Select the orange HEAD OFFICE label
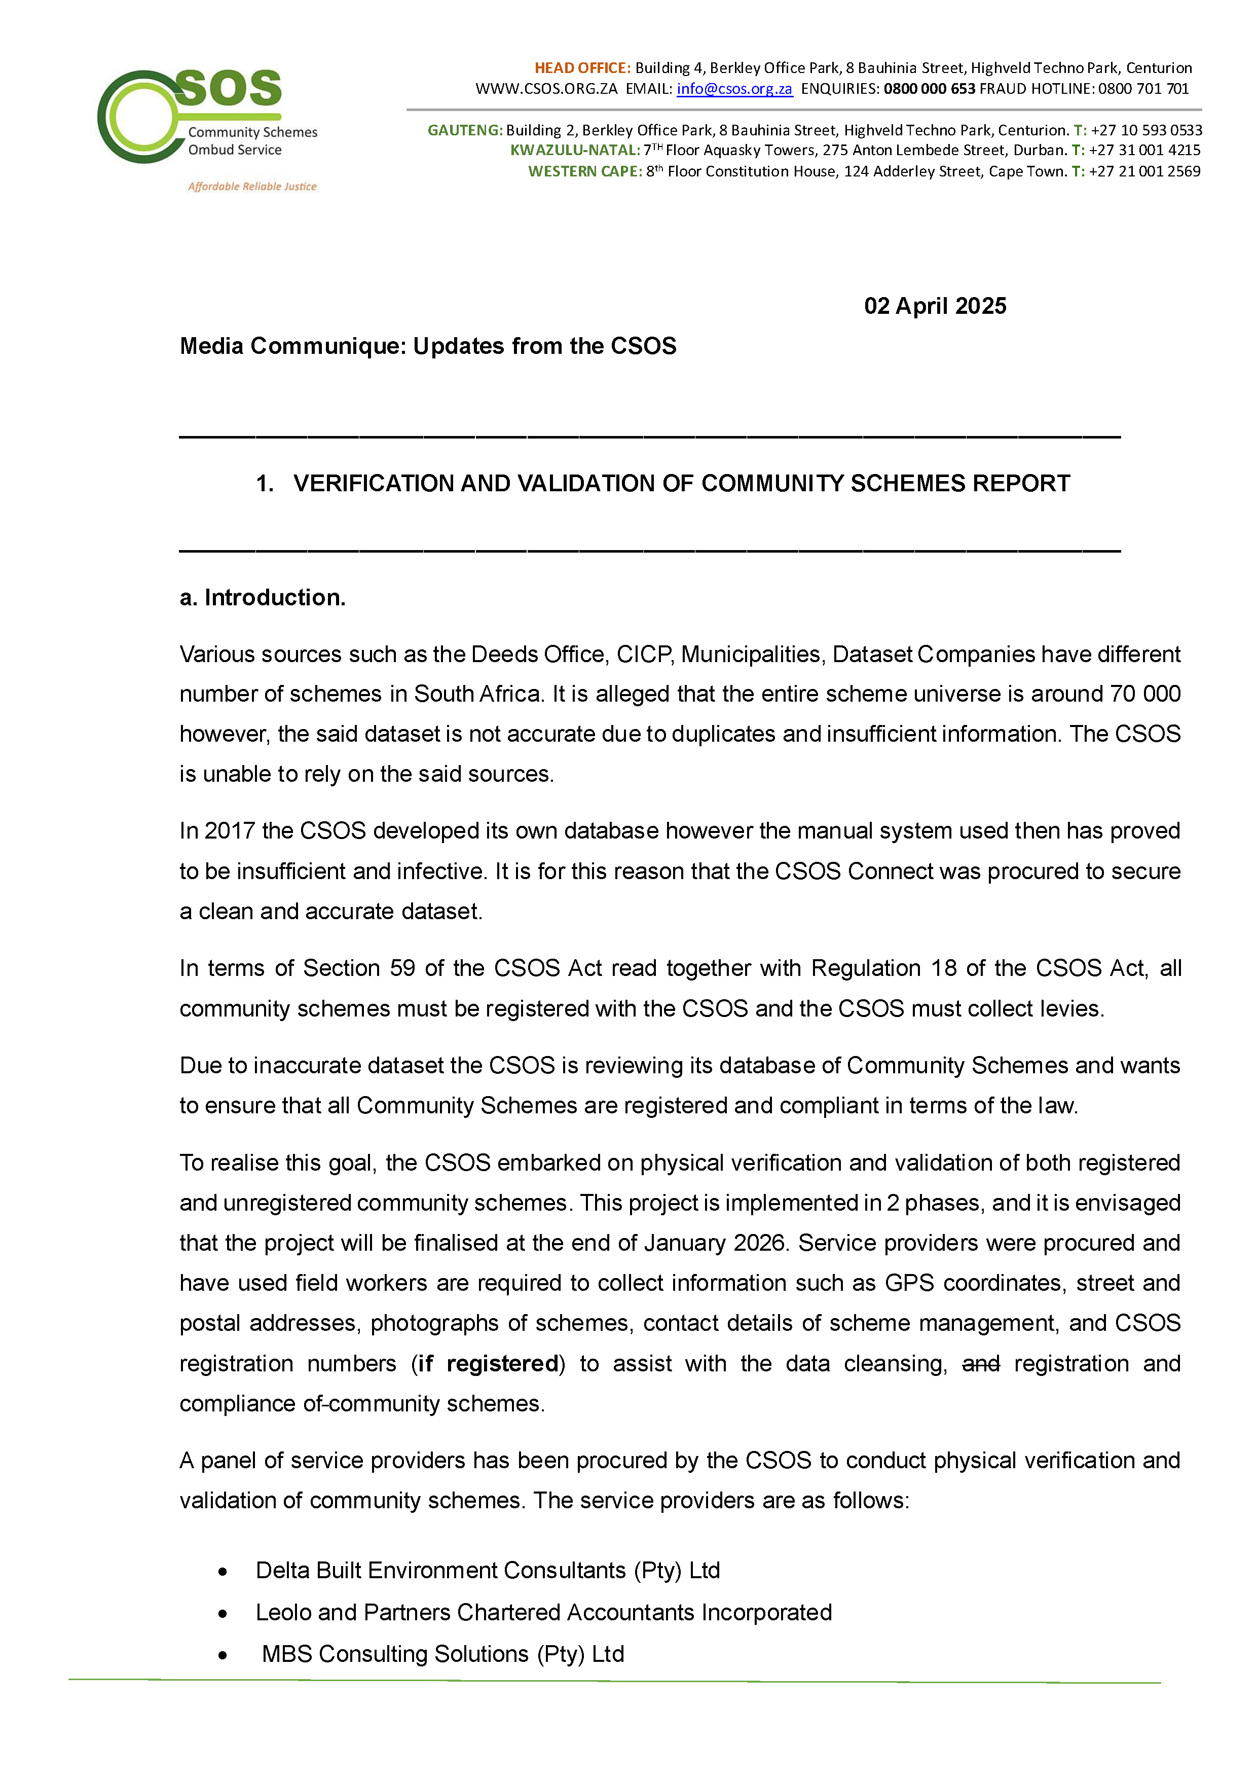[x=582, y=68]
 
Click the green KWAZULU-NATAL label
[x=574, y=151]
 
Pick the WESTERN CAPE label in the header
[x=584, y=171]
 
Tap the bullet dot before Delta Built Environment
[x=223, y=1572]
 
